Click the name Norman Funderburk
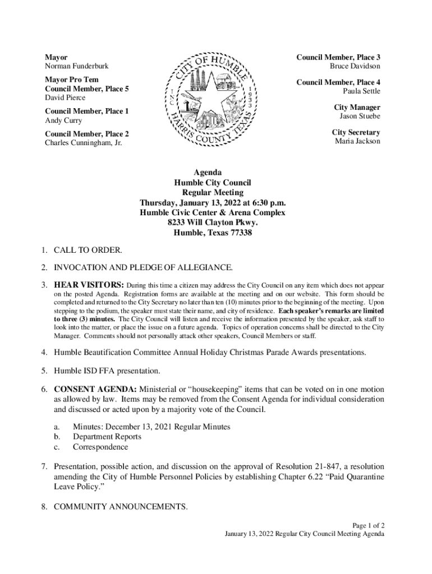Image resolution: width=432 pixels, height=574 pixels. tap(77, 67)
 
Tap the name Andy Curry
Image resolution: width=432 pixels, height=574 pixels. tap(63, 121)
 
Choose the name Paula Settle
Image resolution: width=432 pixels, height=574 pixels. tap(361, 91)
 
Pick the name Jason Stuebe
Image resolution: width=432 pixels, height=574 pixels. tap(360, 116)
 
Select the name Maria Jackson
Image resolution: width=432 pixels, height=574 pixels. tap(357, 141)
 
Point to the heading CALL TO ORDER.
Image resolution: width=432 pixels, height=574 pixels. tap(88, 250)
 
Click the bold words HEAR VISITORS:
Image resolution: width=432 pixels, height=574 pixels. tap(89, 284)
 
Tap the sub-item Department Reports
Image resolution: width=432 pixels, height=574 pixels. tap(107, 437)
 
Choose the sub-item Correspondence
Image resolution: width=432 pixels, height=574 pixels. tap(100, 447)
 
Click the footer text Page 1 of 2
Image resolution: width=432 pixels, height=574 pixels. tap(368, 525)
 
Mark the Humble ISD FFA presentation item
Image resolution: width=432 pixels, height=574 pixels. tap(107, 371)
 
